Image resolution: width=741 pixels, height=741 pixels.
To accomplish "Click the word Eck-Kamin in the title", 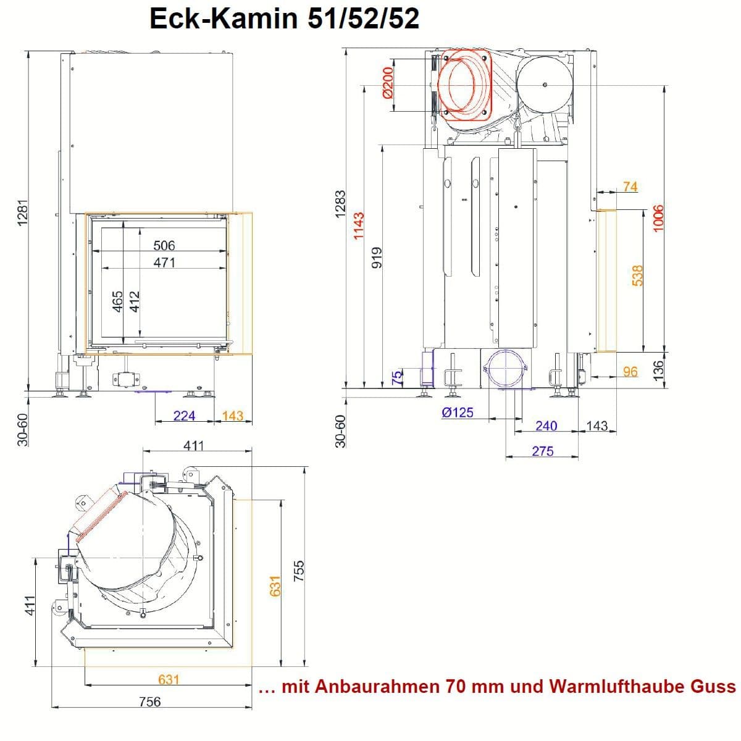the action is [x=224, y=19].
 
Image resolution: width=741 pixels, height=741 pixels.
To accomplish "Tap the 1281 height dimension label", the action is [x=23, y=212].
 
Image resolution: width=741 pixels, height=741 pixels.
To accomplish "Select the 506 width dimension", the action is [x=164, y=245].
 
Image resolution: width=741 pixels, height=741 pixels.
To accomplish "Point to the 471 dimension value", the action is [x=164, y=262].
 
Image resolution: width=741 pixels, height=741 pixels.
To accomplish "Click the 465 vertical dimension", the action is [x=117, y=301].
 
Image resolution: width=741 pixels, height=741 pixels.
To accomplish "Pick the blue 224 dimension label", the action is [x=184, y=416].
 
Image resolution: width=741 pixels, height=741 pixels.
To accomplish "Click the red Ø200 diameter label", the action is [x=388, y=82].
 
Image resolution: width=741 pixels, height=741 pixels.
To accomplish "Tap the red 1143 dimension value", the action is [x=358, y=226].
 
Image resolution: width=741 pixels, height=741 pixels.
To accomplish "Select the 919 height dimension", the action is [x=378, y=257].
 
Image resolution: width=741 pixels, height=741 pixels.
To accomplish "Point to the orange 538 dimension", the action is [x=637, y=275].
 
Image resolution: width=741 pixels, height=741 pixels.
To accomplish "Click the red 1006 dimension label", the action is [x=658, y=218].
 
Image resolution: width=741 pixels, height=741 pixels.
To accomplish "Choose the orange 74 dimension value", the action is [x=630, y=186].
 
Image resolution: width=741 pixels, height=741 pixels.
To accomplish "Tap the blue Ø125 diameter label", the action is [x=458, y=412].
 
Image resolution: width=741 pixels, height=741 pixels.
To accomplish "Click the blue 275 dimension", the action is [x=543, y=451].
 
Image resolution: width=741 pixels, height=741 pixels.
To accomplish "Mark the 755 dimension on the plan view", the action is [x=298, y=571].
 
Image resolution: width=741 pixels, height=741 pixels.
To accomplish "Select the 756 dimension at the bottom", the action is [x=149, y=701].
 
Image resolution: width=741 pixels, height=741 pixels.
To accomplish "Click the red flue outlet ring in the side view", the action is [x=465, y=85].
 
